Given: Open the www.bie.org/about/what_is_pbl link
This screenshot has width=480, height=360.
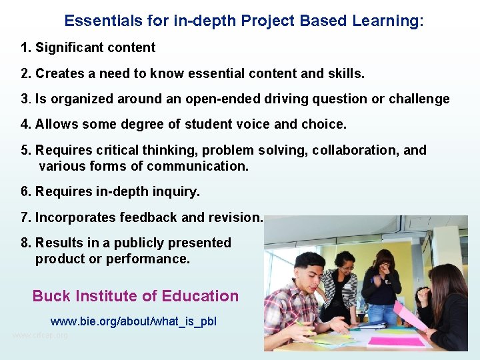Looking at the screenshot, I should [133, 321].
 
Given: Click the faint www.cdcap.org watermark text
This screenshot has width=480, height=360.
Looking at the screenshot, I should [40, 335].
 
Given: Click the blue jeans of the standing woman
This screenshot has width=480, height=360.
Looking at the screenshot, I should [383, 313].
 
